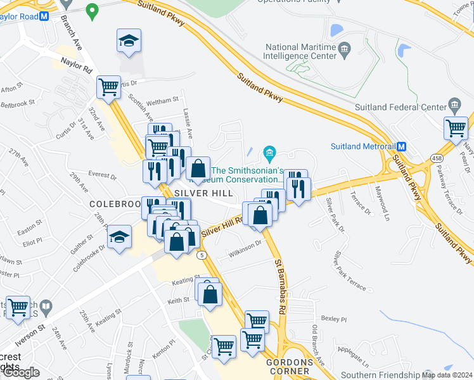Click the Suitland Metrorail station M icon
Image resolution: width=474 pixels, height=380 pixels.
coord(401,146)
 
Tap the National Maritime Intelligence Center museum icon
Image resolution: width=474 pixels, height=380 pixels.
coord(345,47)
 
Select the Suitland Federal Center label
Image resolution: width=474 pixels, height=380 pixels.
coord(401,106)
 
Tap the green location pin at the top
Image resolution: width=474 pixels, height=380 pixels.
coord(92,11)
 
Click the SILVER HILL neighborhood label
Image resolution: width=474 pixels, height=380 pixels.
coord(200,192)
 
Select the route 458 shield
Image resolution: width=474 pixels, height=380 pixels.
coord(437,158)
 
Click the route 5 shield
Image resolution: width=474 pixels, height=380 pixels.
coord(202,255)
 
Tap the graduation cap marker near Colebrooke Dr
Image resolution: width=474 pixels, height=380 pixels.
coord(118,238)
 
